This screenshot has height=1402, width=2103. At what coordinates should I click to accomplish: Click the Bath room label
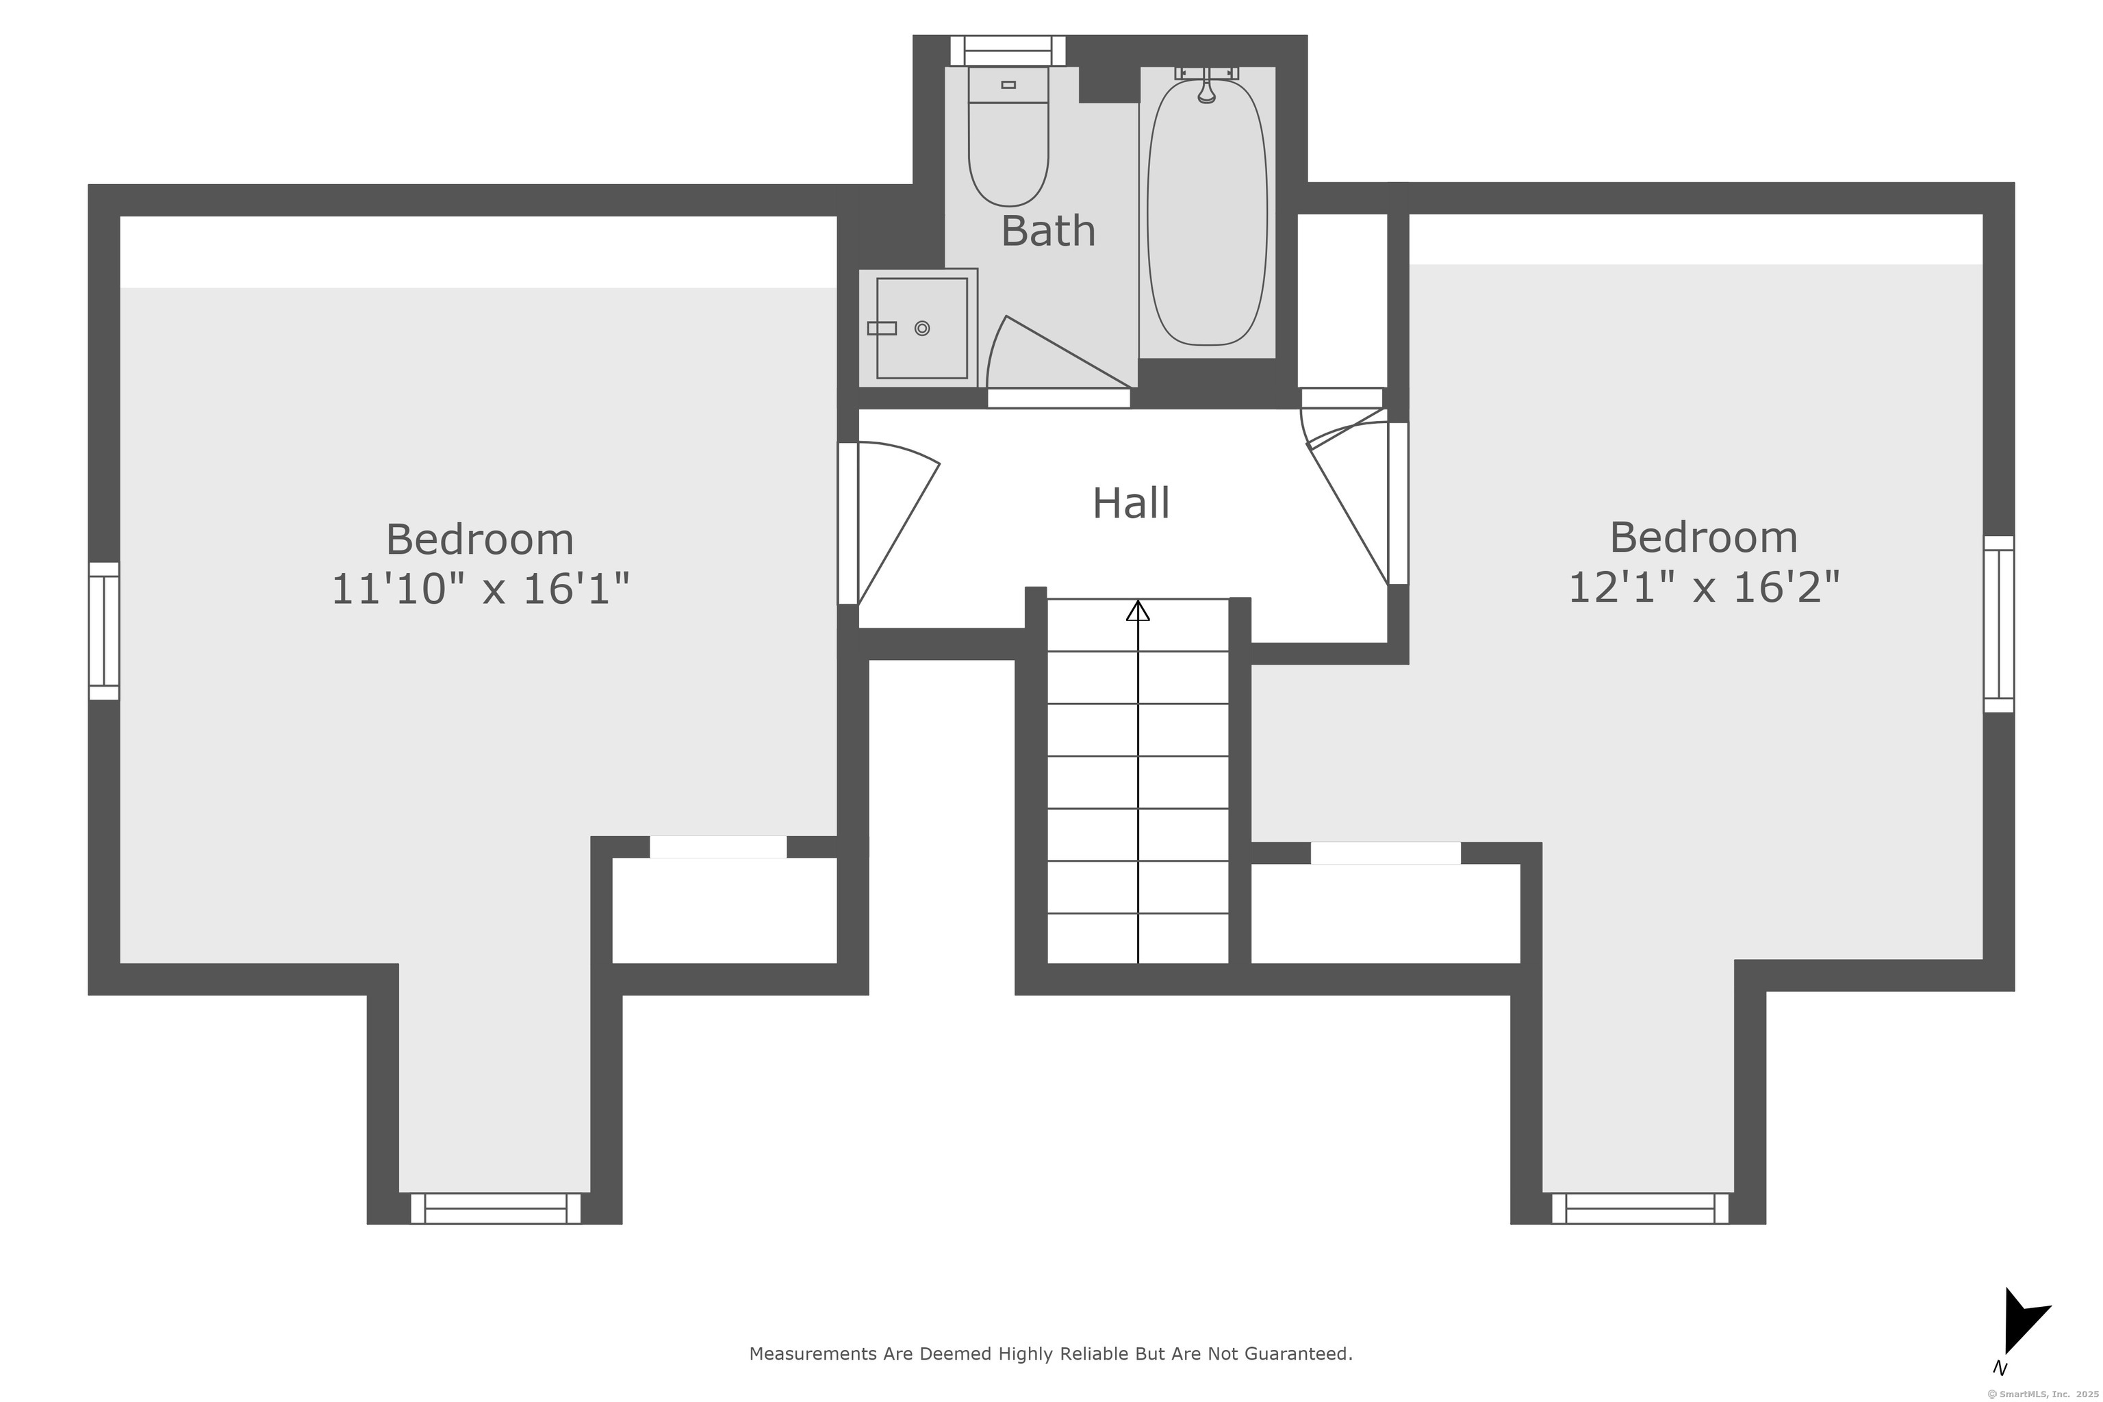1048,231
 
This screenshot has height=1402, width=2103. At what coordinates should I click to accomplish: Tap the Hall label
1131,502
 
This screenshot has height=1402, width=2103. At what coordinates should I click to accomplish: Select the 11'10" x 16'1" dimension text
481,589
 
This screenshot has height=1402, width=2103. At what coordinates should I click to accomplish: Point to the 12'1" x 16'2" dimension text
1704,587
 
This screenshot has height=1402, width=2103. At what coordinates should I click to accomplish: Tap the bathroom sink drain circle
923,328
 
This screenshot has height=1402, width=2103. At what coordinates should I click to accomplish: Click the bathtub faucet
1207,85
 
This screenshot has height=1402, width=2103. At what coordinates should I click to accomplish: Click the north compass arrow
2024,1321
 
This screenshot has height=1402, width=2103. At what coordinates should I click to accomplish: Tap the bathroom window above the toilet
1008,51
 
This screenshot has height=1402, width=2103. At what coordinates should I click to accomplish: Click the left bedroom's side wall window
104,631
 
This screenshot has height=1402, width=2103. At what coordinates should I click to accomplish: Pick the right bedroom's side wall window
1999,624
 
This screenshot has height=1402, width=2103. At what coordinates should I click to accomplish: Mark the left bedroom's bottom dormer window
496,1208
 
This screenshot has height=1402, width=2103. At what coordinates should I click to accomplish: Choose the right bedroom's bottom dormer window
1640,1208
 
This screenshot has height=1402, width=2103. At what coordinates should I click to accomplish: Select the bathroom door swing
1060,353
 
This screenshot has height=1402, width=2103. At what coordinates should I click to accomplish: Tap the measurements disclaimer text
1051,1353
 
